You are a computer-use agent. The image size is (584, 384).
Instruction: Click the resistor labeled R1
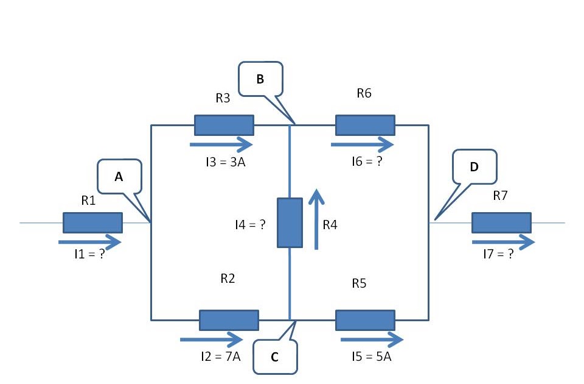coord(92,222)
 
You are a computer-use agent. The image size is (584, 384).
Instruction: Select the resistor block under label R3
coord(224,125)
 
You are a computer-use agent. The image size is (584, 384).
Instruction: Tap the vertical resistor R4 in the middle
coord(290,222)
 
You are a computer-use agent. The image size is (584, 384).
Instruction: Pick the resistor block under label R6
coord(365,125)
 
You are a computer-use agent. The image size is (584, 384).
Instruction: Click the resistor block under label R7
coord(501,222)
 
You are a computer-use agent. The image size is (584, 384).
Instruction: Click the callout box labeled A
coord(119,176)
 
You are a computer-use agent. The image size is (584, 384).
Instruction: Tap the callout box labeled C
coord(275,357)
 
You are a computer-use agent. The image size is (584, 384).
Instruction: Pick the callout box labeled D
coord(474,166)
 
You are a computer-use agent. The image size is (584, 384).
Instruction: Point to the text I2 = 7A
coord(220,356)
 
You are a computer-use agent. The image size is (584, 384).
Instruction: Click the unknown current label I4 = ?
coord(250,224)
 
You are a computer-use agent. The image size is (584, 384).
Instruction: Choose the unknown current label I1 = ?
coord(86,255)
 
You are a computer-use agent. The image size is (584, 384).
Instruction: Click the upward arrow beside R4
coord(316,219)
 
